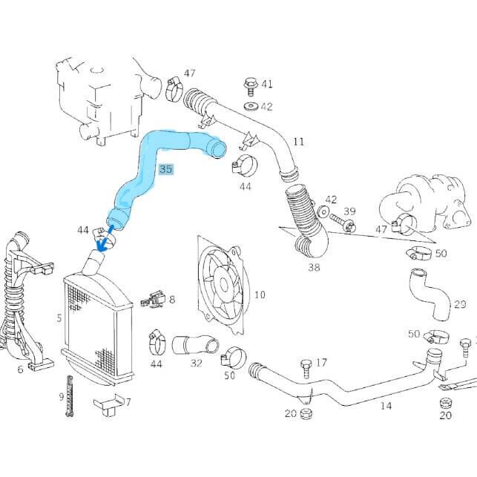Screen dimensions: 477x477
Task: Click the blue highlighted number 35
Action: (x=165, y=169)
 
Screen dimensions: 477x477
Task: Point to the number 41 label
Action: (x=266, y=84)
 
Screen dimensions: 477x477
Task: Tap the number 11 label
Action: (x=299, y=141)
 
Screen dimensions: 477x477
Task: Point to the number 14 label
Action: (x=386, y=406)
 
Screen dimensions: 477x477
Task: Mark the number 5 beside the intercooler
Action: (x=59, y=318)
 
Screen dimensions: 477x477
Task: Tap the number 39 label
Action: (x=349, y=212)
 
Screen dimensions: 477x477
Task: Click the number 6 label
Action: (x=20, y=369)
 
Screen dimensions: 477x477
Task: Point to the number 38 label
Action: (x=314, y=267)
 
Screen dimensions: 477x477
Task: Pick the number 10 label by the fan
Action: (x=260, y=295)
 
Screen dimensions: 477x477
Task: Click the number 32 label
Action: (x=196, y=363)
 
